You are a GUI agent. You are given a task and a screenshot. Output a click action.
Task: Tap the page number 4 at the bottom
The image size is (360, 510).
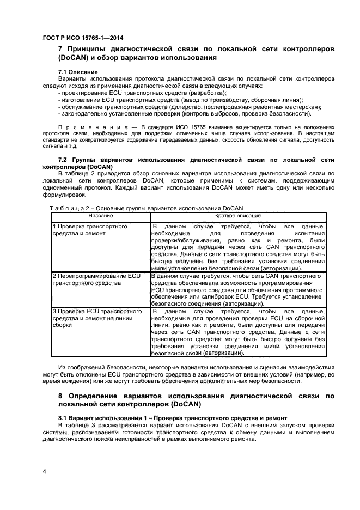click(44, 470)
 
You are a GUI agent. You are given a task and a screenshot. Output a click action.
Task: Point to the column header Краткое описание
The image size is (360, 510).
click(237, 216)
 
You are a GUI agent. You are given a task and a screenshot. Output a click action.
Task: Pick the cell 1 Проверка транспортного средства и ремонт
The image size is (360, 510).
click(90, 230)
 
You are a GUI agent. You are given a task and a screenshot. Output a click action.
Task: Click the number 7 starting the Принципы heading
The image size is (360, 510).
click(61, 49)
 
